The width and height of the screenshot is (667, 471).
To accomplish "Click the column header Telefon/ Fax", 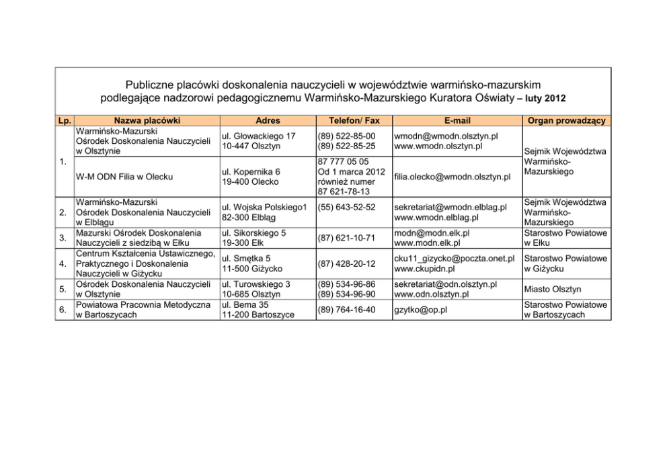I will click(x=354, y=121).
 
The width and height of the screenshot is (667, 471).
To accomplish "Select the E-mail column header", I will click(x=457, y=121).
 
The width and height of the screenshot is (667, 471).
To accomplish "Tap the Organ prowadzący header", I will click(x=567, y=121).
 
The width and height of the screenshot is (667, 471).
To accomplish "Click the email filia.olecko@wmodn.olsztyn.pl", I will click(x=452, y=177).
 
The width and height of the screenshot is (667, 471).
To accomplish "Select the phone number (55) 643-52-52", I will click(x=347, y=207).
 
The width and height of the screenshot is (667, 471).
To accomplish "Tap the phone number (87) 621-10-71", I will click(x=347, y=238).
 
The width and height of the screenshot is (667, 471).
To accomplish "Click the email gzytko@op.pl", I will click(x=421, y=310).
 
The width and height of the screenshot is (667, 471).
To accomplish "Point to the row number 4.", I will click(x=62, y=263).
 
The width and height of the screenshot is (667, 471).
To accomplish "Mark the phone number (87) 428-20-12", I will click(x=347, y=263).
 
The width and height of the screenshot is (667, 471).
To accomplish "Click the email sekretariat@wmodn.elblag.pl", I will click(x=450, y=207).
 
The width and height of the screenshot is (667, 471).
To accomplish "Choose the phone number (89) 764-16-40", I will click(x=347, y=310).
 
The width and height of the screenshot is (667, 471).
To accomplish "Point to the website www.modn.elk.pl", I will click(x=427, y=243).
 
